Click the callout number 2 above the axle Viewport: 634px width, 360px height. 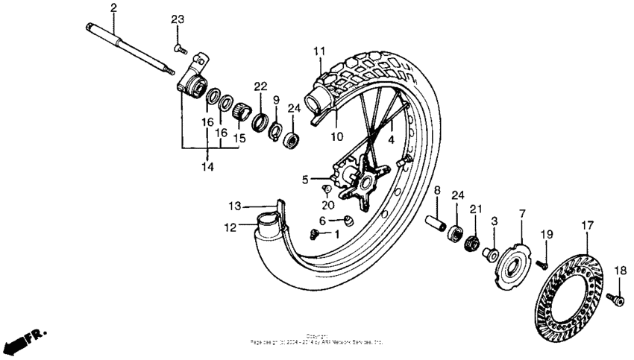pyautogui.click(x=113, y=8)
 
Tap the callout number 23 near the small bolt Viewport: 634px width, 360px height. pyautogui.click(x=177, y=19)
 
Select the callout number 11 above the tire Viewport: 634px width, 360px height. pyautogui.click(x=319, y=51)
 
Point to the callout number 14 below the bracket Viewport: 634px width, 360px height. pyautogui.click(x=208, y=168)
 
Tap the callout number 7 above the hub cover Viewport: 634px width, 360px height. pyautogui.click(x=521, y=214)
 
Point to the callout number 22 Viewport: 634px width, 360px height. pyautogui.click(x=260, y=87)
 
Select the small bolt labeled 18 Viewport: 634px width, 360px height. pyautogui.click(x=616, y=299)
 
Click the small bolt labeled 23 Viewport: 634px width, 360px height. pyautogui.click(x=179, y=48)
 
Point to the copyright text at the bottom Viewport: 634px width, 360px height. pyautogui.click(x=317, y=339)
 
